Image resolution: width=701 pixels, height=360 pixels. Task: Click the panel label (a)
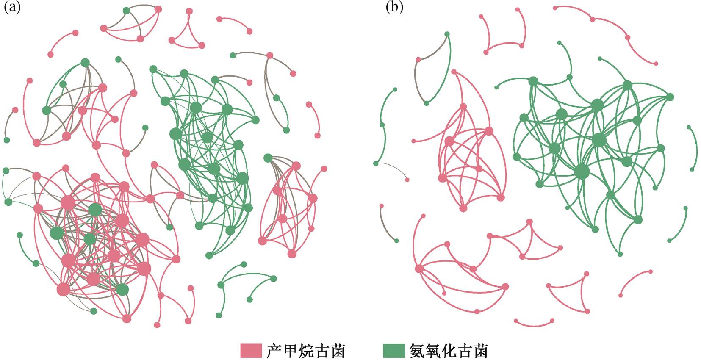(11, 8)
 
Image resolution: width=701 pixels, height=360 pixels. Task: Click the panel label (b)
(394, 8)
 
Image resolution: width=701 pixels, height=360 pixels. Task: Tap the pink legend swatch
(251, 351)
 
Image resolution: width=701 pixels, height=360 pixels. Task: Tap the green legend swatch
(393, 351)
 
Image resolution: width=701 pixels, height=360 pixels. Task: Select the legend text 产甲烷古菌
(306, 351)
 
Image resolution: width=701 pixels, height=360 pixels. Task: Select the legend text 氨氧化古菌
(449, 351)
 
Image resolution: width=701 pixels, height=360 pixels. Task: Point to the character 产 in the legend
(274, 351)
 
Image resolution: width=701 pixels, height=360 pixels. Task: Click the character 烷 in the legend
(306, 351)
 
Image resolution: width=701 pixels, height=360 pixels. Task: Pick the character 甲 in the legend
(290, 351)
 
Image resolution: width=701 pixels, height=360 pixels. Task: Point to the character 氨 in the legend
(416, 351)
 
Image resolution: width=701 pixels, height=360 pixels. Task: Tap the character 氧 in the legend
(432, 351)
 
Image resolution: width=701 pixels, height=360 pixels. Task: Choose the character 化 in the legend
(449, 351)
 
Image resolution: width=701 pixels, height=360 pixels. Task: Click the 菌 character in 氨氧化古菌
(480, 351)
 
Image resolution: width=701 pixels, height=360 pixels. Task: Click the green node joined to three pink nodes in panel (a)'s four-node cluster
(126, 11)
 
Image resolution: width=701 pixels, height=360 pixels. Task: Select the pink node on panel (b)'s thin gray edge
(407, 180)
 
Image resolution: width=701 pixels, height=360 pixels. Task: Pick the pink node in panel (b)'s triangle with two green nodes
(419, 59)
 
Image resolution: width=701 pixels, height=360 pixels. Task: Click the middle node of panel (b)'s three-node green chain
(382, 125)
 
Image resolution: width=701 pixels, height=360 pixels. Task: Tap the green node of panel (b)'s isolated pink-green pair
(396, 241)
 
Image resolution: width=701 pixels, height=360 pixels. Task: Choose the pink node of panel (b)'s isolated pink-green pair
(381, 206)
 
